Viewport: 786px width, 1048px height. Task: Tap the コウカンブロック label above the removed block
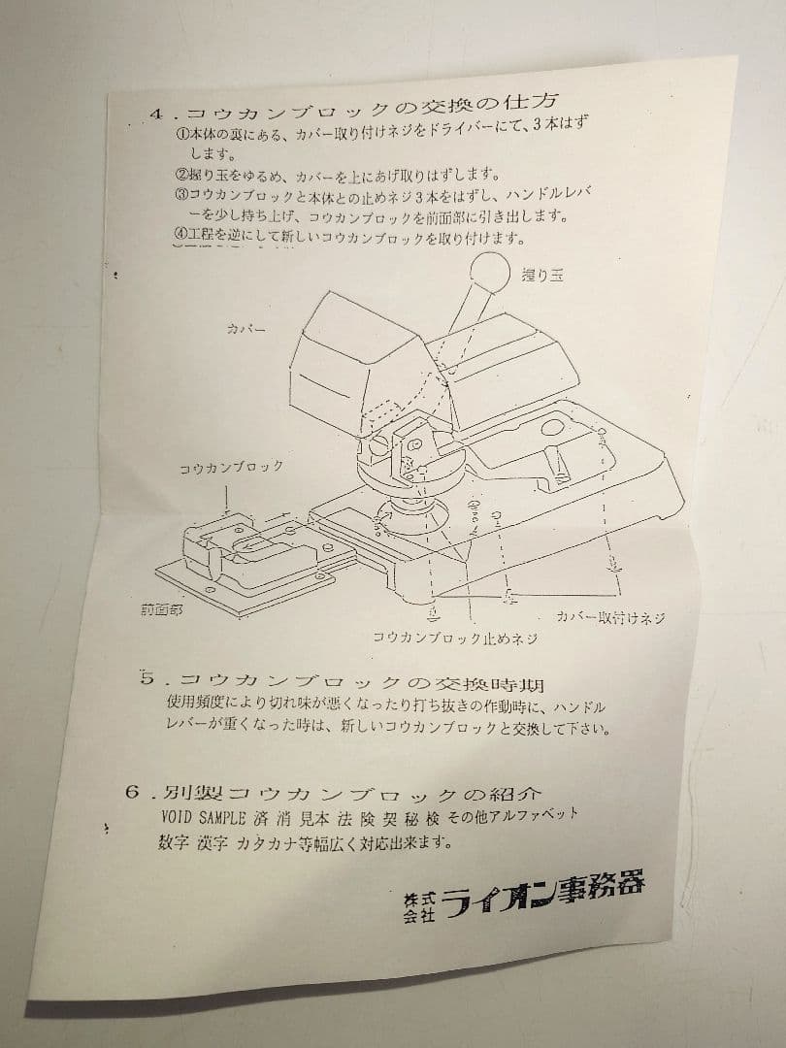point(231,468)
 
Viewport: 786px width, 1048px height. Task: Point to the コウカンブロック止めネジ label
point(455,639)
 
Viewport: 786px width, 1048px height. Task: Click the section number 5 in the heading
point(147,676)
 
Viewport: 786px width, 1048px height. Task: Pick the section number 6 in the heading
point(134,792)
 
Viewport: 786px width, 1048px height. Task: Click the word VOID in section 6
point(181,816)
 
